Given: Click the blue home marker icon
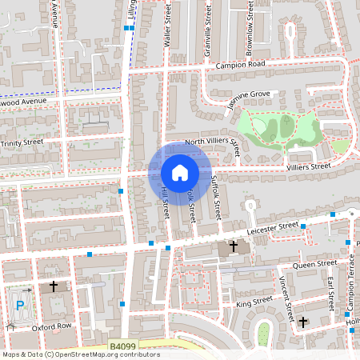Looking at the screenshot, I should [180, 172].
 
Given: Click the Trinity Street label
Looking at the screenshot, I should [22, 142].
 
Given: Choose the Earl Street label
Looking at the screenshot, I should [330, 293].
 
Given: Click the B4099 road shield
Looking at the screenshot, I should [122, 346].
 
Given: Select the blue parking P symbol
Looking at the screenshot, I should [19, 305].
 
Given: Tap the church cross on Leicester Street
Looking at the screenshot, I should [234, 247].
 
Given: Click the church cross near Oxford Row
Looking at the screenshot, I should [54, 286].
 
